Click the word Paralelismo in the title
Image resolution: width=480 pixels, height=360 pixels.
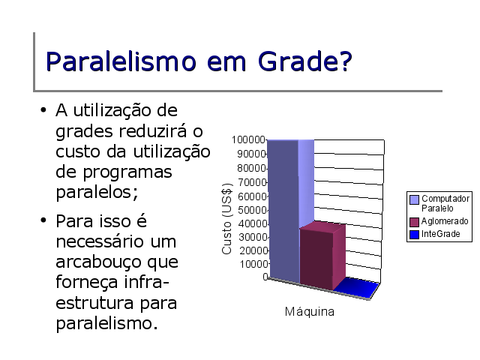pos(121,61)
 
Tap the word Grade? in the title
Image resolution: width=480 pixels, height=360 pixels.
pos(305,61)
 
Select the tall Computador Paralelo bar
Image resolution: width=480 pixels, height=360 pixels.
pos(291,211)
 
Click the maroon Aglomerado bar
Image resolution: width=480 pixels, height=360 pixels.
pos(322,256)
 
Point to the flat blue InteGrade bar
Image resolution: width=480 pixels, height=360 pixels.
pos(357,288)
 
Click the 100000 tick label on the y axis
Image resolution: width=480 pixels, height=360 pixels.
pos(248,139)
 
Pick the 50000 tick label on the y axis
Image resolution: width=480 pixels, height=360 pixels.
pos(253,210)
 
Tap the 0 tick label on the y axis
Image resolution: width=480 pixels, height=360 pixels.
pos(265,277)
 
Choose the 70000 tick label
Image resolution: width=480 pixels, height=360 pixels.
pos(252,182)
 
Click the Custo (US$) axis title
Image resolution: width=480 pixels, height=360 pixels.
pos(226,218)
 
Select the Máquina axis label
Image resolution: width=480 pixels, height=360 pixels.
pos(310,312)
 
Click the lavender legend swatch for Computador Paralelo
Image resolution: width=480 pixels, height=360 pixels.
pos(414,200)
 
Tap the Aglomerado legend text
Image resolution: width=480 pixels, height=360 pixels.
pos(445,221)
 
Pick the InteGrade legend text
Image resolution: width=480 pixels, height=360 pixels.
pos(441,234)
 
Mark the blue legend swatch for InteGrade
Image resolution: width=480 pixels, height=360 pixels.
pos(414,235)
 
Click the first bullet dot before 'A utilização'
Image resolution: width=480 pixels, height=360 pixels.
pos(43,110)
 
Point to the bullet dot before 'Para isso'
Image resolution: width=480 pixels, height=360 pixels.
pos(43,220)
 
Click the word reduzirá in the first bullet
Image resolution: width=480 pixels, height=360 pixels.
pos(153,130)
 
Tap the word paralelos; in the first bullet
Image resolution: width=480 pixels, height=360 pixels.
pos(97,192)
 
